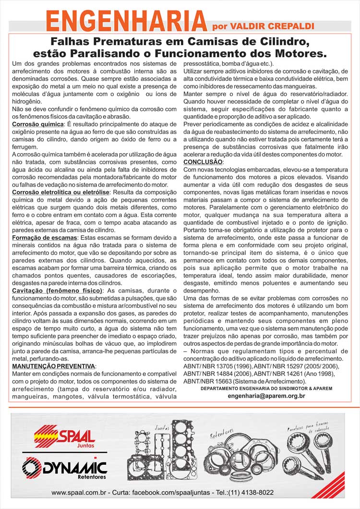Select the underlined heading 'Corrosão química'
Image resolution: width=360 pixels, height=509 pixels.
(37, 124)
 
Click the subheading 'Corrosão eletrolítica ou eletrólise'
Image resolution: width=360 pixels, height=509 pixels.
(61, 192)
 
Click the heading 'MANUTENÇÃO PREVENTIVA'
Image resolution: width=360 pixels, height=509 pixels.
(53, 366)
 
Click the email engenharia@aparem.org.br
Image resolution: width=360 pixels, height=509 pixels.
(266, 396)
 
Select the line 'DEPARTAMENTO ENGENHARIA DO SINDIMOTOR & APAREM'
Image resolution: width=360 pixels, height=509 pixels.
(266, 388)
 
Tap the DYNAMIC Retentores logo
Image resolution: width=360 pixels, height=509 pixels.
(65, 467)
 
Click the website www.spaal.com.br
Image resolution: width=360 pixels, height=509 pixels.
(79, 492)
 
